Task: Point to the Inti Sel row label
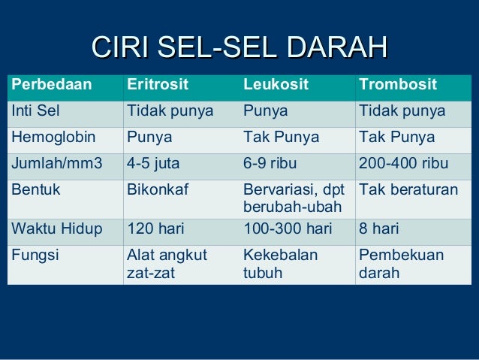pyautogui.click(x=35, y=111)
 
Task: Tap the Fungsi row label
pyautogui.click(x=35, y=255)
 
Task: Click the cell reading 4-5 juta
pyautogui.click(x=153, y=164)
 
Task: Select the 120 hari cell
pyautogui.click(x=155, y=228)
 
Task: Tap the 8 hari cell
pyautogui.click(x=379, y=228)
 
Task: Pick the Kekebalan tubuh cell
pyautogui.click(x=280, y=263)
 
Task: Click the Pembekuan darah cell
pyautogui.click(x=401, y=263)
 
